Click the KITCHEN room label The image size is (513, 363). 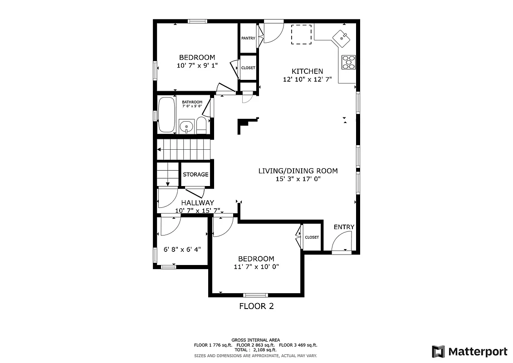pos(307,71)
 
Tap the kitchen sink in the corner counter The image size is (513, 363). pos(341,38)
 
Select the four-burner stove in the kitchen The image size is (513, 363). pos(348,62)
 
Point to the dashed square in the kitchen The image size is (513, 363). pos(301,34)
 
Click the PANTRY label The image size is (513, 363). pos(248,39)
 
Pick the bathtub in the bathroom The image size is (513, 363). pos(166,115)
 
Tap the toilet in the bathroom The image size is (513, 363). pos(201,126)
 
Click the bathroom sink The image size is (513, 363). pos(186,126)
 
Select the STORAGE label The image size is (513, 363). pos(195,175)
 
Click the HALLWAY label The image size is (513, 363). pos(198,203)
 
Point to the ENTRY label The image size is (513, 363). pos(344,227)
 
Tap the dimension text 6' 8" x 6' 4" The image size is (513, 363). pos(182,249)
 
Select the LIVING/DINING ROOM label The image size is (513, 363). pos(298,171)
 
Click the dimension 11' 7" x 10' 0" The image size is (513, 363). pos(256,267)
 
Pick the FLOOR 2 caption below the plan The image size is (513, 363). pos(256,306)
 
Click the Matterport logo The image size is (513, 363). pos(469,351)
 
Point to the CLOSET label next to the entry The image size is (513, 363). pos(312,237)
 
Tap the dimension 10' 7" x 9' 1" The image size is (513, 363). pos(197,65)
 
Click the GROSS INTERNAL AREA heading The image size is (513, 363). pos(256,340)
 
